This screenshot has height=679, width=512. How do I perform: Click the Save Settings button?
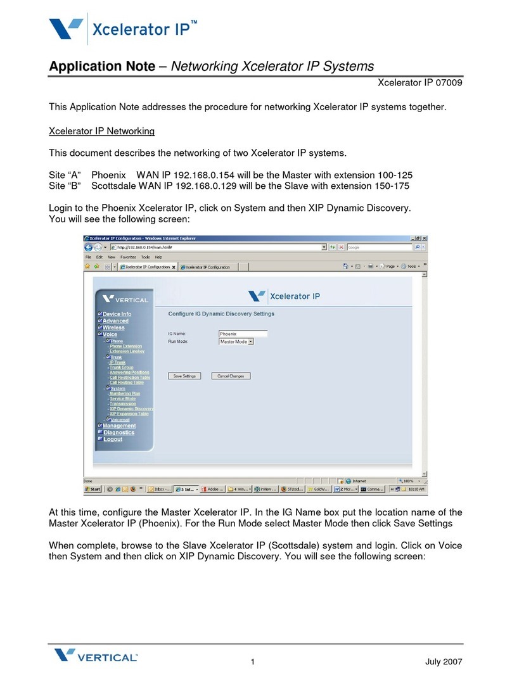pyautogui.click(x=184, y=376)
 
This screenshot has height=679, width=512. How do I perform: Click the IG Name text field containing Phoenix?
pyautogui.click(x=242, y=334)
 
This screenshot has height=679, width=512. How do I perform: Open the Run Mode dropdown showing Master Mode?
pyautogui.click(x=236, y=341)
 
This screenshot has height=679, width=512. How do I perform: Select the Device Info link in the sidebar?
pyautogui.click(x=117, y=314)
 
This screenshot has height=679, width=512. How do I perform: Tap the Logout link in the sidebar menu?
pyautogui.click(x=113, y=439)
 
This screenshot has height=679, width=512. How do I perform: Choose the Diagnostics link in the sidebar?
pyautogui.click(x=118, y=433)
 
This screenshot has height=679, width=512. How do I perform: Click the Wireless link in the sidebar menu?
pyautogui.click(x=113, y=327)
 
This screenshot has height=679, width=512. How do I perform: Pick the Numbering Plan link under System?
pyautogui.click(x=125, y=393)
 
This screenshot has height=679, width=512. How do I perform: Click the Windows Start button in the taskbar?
pyautogui.click(x=93, y=489)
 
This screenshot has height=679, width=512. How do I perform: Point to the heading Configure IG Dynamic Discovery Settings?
pyautogui.click(x=221, y=314)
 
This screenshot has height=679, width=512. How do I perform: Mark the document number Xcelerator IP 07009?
pyautogui.click(x=420, y=82)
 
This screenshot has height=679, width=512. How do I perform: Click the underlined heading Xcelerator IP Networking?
pyautogui.click(x=102, y=131)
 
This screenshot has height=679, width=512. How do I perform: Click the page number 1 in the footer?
pyautogui.click(x=252, y=663)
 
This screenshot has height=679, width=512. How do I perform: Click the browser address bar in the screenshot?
pyautogui.click(x=215, y=247)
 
